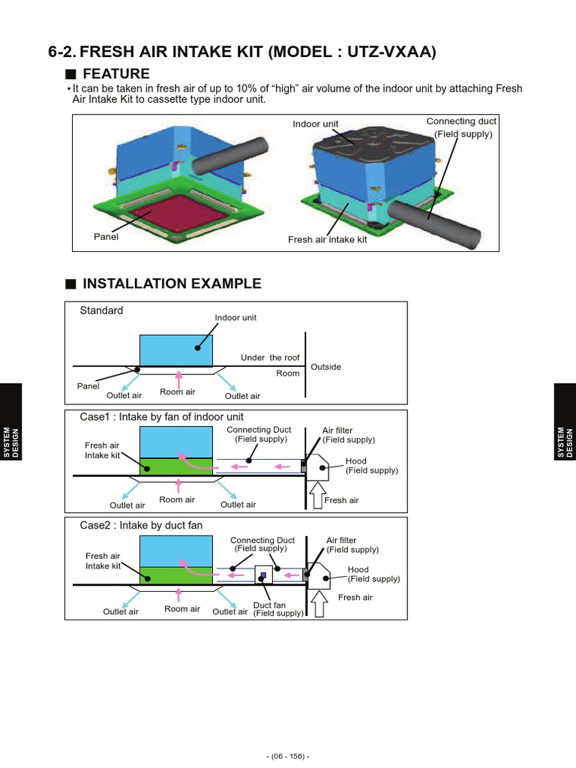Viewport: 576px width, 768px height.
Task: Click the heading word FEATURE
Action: (116, 73)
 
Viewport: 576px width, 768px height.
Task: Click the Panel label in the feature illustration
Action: (106, 237)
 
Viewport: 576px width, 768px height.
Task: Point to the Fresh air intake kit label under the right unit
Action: (327, 240)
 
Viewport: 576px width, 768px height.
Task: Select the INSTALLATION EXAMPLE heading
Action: (172, 283)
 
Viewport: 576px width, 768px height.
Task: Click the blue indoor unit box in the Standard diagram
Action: (175, 349)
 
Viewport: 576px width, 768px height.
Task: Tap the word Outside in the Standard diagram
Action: (325, 367)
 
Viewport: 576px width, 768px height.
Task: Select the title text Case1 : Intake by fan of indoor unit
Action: (161, 417)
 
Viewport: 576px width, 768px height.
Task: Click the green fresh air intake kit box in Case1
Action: (175, 464)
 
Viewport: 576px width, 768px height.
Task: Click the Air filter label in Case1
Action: (337, 430)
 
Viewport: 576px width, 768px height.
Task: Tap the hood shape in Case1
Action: (316, 467)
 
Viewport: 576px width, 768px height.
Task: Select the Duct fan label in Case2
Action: (269, 605)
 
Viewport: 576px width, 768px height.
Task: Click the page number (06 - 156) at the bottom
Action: (288, 756)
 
